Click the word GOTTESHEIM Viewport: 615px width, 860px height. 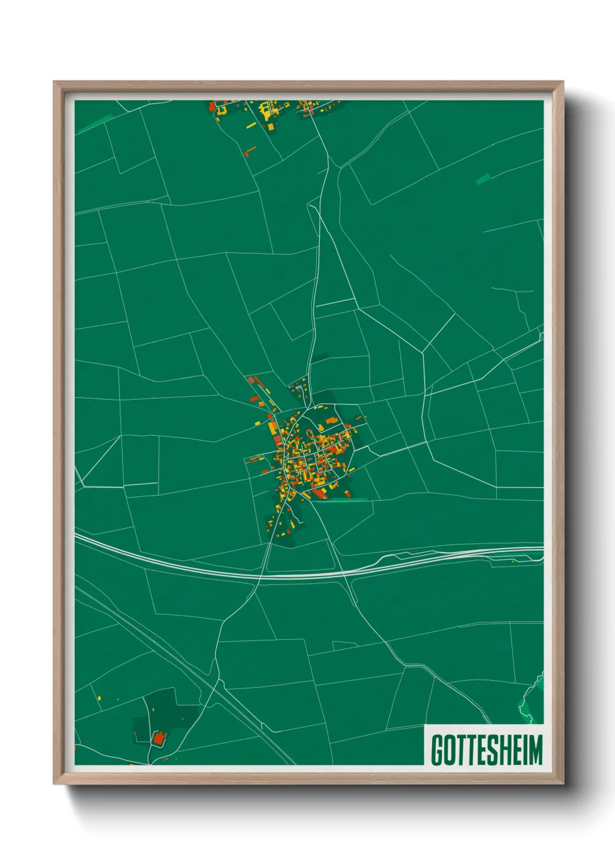point(487,749)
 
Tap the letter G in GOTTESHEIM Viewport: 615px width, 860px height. point(437,750)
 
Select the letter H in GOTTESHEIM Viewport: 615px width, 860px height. point(506,750)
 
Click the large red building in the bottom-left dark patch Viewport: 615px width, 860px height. point(157,739)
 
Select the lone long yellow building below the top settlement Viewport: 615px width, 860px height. point(251,125)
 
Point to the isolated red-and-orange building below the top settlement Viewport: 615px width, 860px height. point(250,152)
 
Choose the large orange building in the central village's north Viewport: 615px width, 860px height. point(331,420)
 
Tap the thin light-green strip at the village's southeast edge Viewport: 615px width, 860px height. point(348,499)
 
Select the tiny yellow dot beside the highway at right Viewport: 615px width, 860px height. point(513,561)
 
